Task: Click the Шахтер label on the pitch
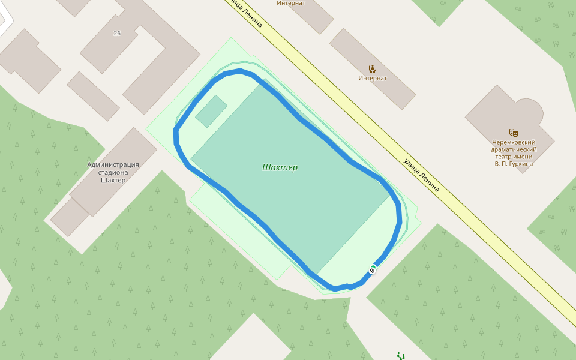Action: (x=280, y=167)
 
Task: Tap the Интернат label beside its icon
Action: (x=372, y=78)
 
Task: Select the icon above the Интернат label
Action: (x=372, y=68)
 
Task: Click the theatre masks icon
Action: (x=513, y=133)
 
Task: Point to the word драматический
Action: (x=513, y=149)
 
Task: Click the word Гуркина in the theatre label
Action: (x=519, y=164)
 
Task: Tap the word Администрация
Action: (x=113, y=164)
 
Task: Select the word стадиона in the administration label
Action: (x=113, y=172)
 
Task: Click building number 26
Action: (x=116, y=33)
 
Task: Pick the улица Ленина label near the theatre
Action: (x=421, y=175)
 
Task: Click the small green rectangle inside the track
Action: (x=211, y=111)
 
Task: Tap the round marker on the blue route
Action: (x=372, y=271)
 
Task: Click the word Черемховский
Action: (x=513, y=142)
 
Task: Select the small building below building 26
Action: (x=93, y=96)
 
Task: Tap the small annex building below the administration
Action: (x=70, y=217)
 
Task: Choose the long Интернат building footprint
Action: (x=372, y=68)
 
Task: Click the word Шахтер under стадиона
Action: (x=113, y=180)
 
